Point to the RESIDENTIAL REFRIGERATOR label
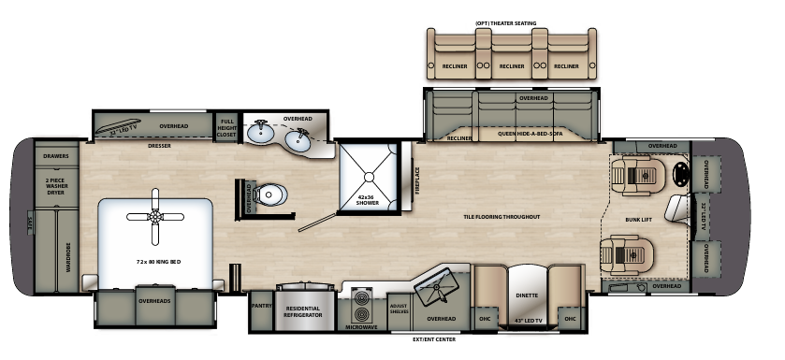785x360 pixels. pos(302,312)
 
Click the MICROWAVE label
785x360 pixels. pos(364,327)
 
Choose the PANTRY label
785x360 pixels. pos(261,305)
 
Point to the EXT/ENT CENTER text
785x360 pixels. pos(434,339)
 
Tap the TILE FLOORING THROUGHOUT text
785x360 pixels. pos(503,216)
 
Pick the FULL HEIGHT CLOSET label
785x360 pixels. pos(227,128)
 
